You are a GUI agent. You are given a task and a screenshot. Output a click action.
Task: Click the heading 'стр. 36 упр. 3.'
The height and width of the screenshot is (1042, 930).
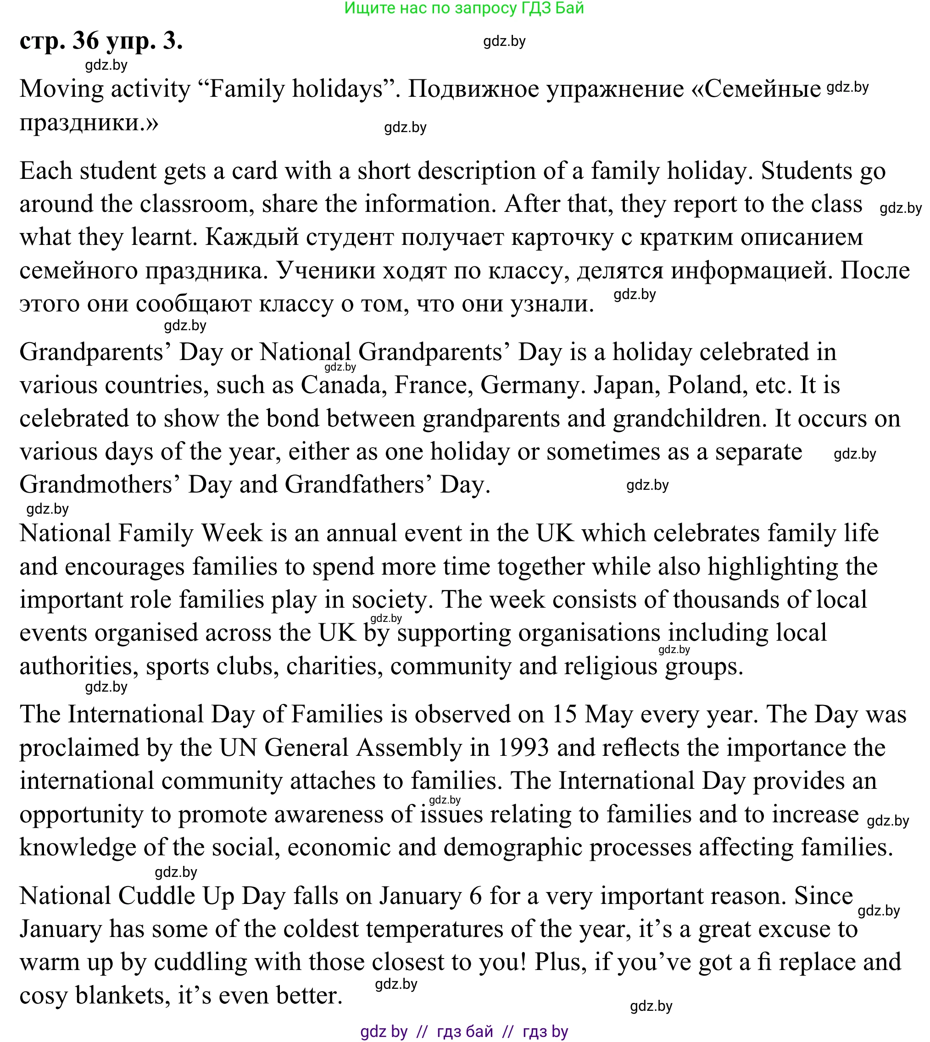[101, 41]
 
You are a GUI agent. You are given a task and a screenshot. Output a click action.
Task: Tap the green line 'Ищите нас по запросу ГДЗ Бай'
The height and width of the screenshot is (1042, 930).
[464, 8]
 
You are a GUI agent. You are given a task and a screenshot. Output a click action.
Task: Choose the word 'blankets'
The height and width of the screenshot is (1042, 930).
[122, 996]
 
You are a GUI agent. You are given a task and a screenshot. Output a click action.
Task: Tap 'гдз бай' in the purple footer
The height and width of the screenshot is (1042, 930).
[465, 1032]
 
